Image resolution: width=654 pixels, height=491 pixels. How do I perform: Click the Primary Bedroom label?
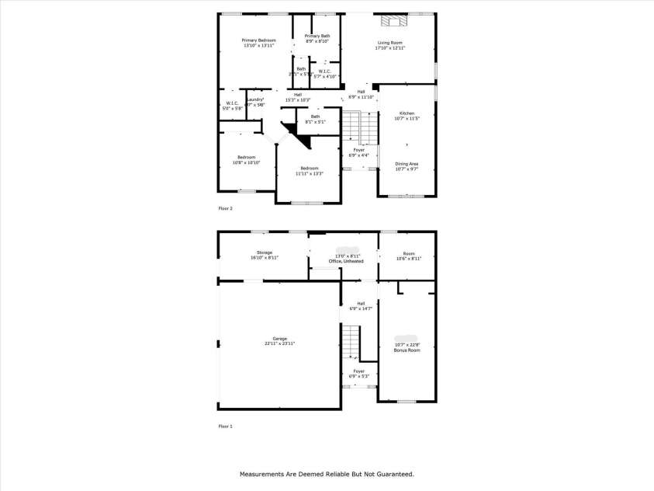(258, 40)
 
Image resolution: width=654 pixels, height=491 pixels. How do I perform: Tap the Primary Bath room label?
(317, 37)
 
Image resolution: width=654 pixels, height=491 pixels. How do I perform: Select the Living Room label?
(390, 43)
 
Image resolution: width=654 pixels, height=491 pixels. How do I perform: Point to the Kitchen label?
(407, 113)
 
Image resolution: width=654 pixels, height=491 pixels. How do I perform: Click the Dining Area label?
(407, 164)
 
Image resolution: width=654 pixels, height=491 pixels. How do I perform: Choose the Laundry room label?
(255, 100)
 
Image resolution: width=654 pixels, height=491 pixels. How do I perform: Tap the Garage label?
(279, 339)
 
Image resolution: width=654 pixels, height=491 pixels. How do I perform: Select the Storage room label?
(265, 252)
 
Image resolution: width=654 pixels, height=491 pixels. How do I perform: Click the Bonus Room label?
(407, 350)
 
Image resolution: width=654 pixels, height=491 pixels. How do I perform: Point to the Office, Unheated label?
(346, 262)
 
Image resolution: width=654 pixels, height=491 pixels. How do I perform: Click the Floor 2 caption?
(225, 208)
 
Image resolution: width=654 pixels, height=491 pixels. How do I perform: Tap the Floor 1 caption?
(225, 427)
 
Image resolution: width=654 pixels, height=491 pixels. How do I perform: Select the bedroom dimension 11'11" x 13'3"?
(308, 174)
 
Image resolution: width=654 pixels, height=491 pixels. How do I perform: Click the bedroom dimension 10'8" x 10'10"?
(246, 162)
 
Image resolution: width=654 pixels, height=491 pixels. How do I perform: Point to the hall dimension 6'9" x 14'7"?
(360, 308)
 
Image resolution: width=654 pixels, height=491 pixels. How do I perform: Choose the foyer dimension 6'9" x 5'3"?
(358, 377)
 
